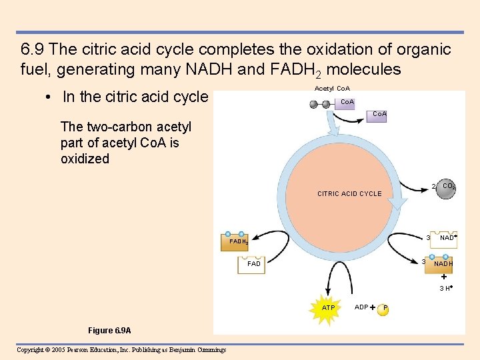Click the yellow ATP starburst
328,308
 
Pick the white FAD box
254,264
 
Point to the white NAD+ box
447,237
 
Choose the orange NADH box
443,263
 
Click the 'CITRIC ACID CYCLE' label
349,194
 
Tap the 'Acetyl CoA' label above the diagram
332,89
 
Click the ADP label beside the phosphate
361,307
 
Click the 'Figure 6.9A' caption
109,331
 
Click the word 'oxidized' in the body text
85,159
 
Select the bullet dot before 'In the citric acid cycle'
49,97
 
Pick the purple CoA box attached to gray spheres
347,103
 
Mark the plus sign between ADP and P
373,307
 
